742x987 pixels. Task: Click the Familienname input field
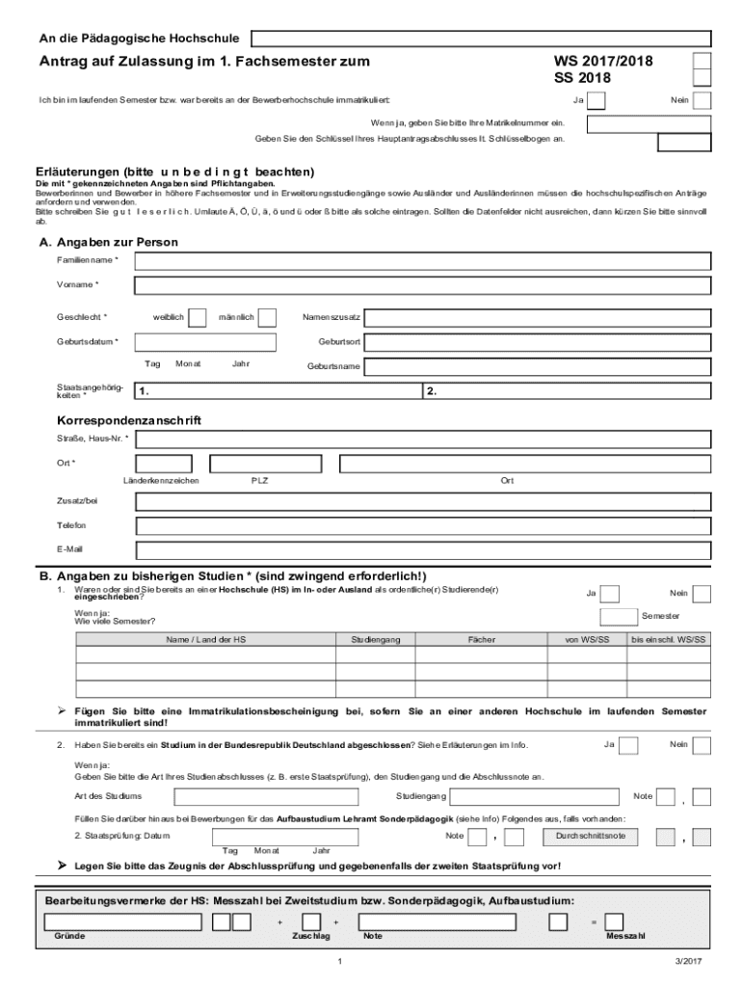point(422,261)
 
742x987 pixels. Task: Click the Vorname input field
point(422,285)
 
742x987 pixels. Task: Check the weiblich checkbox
point(198,317)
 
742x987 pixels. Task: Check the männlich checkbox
point(268,317)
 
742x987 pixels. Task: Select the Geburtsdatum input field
point(205,342)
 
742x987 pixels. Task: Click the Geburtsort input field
point(540,342)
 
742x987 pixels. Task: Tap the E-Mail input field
point(422,550)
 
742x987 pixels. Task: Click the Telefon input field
point(422,526)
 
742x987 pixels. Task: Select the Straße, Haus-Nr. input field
point(422,440)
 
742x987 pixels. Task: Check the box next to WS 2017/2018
point(702,61)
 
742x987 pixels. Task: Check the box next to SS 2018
point(702,78)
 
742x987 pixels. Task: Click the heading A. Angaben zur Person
point(107,242)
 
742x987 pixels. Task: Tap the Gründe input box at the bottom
point(123,921)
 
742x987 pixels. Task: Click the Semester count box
point(617,617)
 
